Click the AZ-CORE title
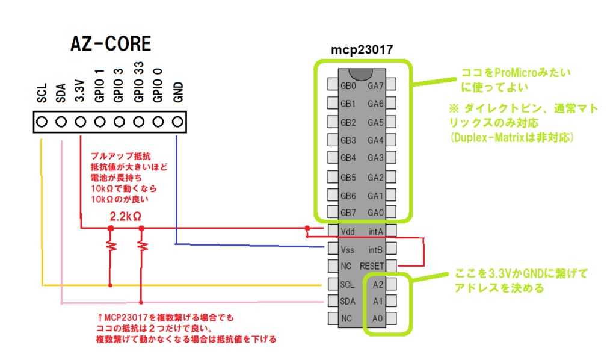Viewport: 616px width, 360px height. coord(111,44)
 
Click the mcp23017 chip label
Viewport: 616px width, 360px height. coord(362,51)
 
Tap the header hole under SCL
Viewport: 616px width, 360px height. coord(42,122)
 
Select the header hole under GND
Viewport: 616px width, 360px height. coord(177,122)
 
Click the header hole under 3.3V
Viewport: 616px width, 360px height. coord(81,122)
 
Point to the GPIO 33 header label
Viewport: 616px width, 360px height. coord(138,84)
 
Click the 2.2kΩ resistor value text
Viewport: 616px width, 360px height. coord(126,216)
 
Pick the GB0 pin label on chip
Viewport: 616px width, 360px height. coord(348,86)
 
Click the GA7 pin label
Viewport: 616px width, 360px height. coord(376,86)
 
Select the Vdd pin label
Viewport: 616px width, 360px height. coord(348,231)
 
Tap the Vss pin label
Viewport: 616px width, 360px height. coord(348,249)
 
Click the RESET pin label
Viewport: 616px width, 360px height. coord(371,265)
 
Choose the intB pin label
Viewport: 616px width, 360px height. coord(376,249)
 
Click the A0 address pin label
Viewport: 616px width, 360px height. coord(377,318)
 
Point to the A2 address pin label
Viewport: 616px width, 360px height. coord(377,283)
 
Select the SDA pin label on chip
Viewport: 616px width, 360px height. coord(348,300)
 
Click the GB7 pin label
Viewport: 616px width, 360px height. coord(348,213)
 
